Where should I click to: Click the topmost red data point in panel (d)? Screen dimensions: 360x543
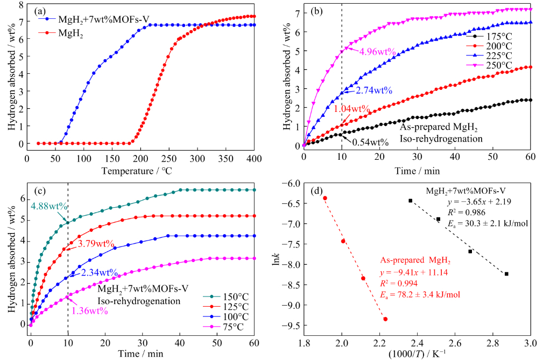click(325, 198)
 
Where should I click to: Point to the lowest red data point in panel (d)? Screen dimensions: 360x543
click(385, 319)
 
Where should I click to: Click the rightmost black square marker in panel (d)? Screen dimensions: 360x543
click(506, 274)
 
